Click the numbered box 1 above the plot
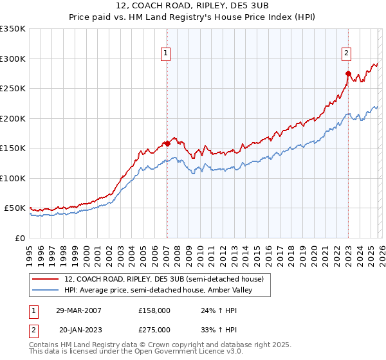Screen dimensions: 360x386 166,53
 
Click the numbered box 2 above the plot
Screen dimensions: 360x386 346,53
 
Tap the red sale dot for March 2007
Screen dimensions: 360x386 167,143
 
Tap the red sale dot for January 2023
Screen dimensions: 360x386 348,73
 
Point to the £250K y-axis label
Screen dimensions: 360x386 13,88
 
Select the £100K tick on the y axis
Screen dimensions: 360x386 13,178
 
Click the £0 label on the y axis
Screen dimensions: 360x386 21,238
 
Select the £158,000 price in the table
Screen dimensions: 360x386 154,310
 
